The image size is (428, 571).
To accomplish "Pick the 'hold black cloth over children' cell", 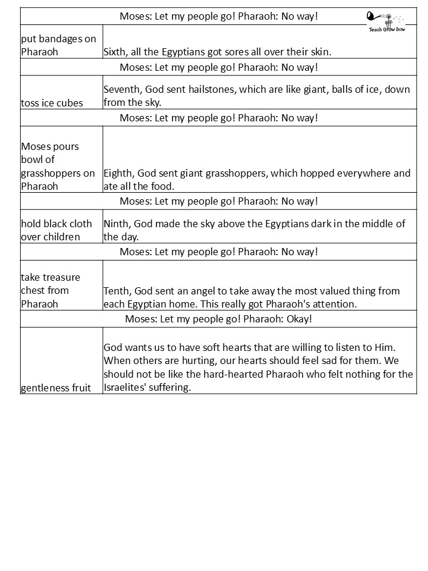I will (56, 230).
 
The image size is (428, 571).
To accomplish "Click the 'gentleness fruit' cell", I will (56, 388).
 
